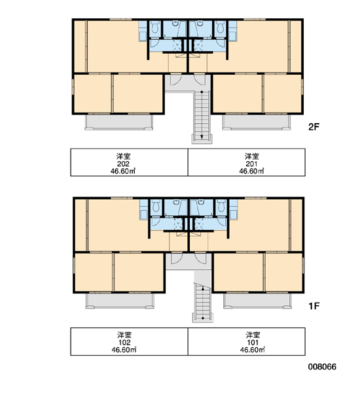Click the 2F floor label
(314, 127)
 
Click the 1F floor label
(314, 306)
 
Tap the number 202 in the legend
(123, 164)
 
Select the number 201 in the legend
(251, 164)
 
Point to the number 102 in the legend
(124, 343)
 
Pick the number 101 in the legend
(253, 343)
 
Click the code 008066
(322, 367)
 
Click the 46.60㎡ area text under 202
(123, 171)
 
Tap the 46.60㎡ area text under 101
(253, 350)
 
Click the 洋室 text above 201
(252, 157)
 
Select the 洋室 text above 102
(124, 335)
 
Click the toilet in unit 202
(155, 28)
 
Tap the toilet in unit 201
(220, 28)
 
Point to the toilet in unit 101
(221, 206)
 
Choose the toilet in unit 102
(156, 206)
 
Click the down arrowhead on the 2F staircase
(202, 137)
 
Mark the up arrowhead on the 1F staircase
(203, 288)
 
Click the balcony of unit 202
(118, 122)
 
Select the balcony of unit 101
(257, 301)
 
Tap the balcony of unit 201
(257, 122)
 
